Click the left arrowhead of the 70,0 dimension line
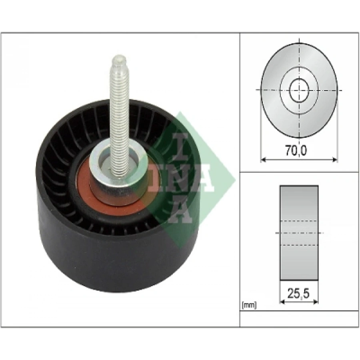(x=263, y=160)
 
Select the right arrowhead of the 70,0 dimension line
(x=335, y=160)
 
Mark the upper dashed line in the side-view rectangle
(x=299, y=220)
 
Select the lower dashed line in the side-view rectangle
(x=299, y=245)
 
